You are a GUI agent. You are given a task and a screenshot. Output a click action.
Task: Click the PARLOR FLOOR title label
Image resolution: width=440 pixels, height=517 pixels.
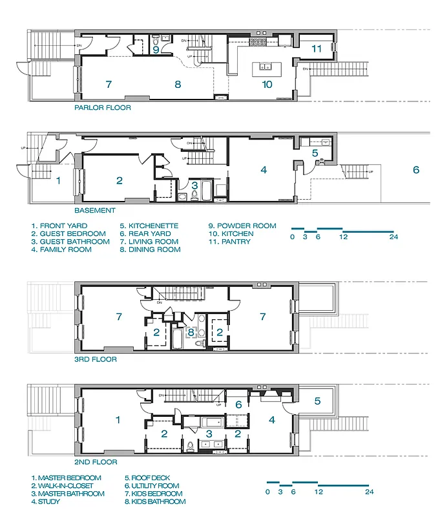tap(102, 108)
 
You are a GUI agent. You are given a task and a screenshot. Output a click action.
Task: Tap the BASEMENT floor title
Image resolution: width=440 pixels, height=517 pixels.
tap(96, 210)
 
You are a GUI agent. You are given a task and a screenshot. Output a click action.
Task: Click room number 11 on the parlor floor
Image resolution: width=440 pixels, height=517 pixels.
tap(316, 48)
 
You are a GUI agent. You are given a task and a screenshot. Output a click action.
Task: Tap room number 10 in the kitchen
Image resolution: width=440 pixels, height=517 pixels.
tap(267, 84)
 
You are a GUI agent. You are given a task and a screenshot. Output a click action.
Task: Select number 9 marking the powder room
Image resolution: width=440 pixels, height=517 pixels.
tap(156, 48)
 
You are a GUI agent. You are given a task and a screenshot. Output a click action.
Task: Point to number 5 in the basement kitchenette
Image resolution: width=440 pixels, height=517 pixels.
tap(315, 153)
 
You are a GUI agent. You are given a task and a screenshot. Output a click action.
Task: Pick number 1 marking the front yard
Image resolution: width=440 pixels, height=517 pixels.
tap(58, 181)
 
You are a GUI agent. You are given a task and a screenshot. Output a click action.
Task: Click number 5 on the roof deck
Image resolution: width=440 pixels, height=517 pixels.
tap(317, 401)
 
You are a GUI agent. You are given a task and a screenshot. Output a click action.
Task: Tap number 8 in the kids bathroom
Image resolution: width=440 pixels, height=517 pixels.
tap(191, 333)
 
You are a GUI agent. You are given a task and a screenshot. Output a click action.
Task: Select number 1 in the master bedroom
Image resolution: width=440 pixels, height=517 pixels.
tap(118, 420)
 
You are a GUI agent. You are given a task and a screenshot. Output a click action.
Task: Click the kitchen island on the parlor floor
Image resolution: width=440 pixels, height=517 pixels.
tap(265, 66)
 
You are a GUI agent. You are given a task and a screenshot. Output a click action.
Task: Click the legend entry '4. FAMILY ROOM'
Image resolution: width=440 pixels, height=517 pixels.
tap(61, 249)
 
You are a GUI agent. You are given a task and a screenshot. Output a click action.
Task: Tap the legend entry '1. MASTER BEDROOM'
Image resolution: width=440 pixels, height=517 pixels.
tap(66, 478)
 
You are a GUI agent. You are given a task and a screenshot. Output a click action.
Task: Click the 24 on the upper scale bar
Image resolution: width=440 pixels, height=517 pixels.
tap(393, 237)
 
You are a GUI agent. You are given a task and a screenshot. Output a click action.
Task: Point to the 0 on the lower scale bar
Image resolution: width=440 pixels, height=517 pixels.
tap(267, 492)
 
